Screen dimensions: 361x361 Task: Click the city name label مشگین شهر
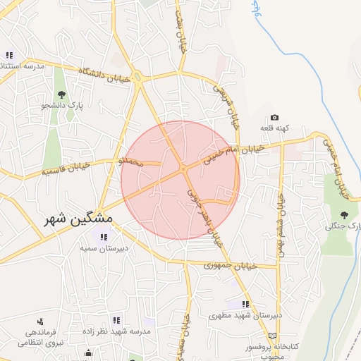coord(78,219)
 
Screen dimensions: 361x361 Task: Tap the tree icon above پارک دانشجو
coord(62,93)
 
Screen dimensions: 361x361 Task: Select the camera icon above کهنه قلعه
coord(274,117)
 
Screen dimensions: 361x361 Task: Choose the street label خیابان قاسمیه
coord(66,168)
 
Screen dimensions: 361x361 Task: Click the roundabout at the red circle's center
coord(183,169)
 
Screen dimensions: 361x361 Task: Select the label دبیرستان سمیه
coord(98,249)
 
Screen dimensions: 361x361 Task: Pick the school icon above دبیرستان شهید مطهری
coord(245,304)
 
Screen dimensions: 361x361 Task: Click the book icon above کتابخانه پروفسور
coord(283,336)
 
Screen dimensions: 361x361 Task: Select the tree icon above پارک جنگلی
coord(344,215)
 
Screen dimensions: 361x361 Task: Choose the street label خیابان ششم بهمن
coord(281,215)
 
